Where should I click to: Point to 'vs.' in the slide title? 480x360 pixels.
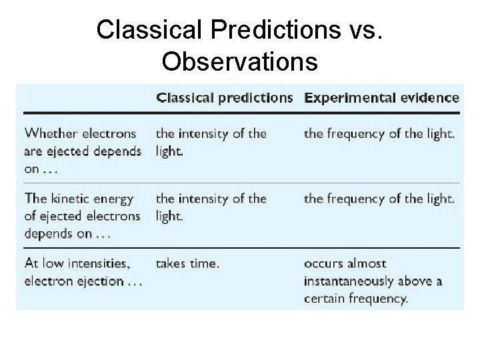click(x=363, y=29)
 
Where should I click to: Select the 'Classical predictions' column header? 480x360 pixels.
click(x=225, y=97)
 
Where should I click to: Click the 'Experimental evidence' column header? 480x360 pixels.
click(x=381, y=97)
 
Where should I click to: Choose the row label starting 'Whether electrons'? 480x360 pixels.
click(x=83, y=151)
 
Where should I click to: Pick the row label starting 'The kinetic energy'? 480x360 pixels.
click(x=83, y=216)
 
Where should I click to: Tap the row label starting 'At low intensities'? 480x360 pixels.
click(x=83, y=272)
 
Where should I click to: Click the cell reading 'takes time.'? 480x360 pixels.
click(x=187, y=263)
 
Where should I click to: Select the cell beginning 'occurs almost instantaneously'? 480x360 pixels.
click(x=373, y=281)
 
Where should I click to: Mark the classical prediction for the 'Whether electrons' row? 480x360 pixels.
click(x=211, y=142)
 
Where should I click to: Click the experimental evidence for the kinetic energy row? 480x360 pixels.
click(x=379, y=199)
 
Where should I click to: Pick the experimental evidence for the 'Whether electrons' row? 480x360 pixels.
click(x=379, y=134)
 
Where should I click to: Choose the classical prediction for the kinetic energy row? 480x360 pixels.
click(x=211, y=207)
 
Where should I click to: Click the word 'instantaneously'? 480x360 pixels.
click(x=351, y=281)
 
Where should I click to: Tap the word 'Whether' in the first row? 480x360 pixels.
click(x=48, y=134)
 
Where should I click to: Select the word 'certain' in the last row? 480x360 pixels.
click(x=325, y=299)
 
